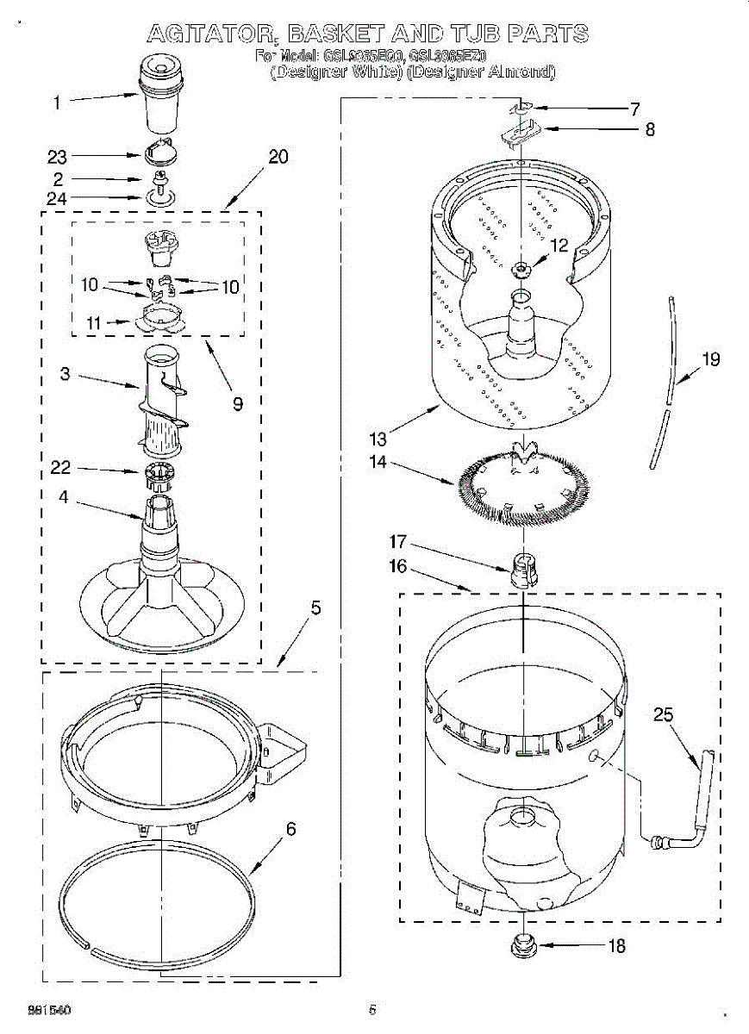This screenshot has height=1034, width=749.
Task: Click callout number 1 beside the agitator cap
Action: coord(57,103)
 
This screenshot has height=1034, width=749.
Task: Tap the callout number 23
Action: coord(57,157)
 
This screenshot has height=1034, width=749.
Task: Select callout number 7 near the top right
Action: coord(634,109)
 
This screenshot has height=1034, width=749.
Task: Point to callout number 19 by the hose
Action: coord(710,360)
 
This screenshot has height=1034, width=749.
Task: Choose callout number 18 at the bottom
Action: coord(616,946)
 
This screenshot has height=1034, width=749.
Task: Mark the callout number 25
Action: coord(663,715)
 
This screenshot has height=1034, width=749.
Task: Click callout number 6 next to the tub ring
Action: coord(291,829)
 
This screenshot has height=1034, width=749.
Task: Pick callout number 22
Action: coord(60,468)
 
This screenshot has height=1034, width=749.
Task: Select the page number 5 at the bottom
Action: coord(372,1010)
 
